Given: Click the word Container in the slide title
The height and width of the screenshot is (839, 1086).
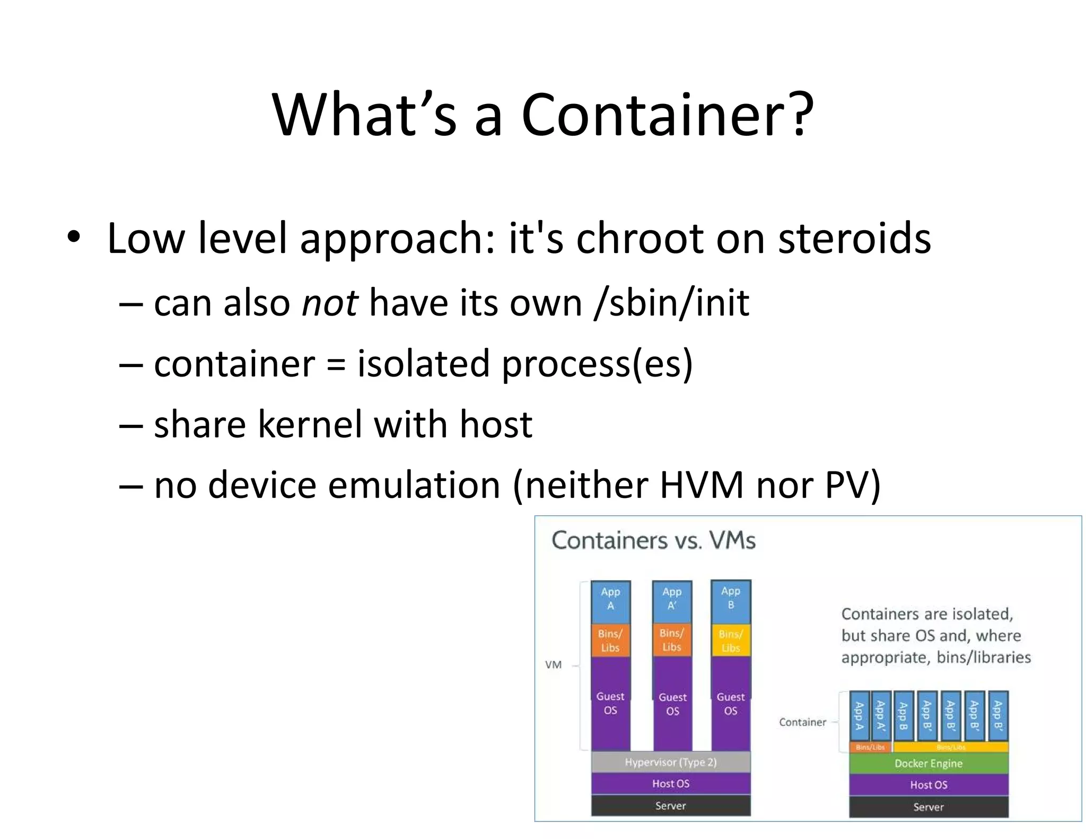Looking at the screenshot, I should click(x=667, y=115).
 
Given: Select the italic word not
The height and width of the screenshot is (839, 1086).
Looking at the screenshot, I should click(x=329, y=303).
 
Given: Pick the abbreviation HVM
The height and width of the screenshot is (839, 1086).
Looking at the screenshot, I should click(x=702, y=485).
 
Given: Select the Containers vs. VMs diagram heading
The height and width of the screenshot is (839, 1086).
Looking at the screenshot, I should click(x=653, y=540).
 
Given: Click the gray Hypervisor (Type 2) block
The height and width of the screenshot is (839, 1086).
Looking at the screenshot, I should click(x=670, y=762).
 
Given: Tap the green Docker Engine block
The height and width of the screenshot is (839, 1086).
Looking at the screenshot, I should click(x=928, y=763).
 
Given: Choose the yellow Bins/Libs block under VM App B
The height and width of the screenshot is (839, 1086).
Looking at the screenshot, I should click(x=730, y=641).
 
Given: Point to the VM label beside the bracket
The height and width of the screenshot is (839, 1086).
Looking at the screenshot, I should click(x=553, y=665).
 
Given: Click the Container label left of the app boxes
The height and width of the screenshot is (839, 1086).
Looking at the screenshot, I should click(x=802, y=722).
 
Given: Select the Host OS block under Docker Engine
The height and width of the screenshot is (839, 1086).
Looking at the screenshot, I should click(x=928, y=784).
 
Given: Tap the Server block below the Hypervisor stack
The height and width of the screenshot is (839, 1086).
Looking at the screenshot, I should click(x=670, y=806).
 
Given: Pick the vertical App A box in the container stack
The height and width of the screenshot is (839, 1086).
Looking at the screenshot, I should click(x=859, y=715).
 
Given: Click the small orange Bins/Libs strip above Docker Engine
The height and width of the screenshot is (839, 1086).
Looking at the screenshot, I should click(x=870, y=747).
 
